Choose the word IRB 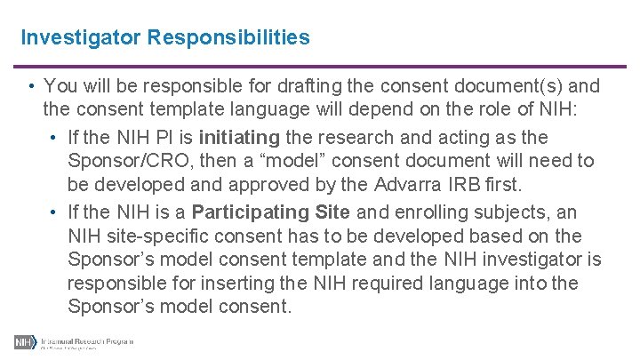click(x=468, y=186)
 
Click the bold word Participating click(x=251, y=212)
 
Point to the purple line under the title click(x=320, y=66)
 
